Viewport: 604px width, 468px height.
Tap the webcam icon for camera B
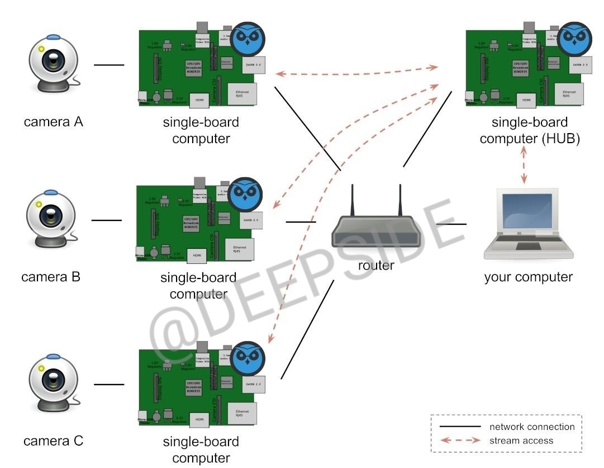pyautogui.click(x=51, y=219)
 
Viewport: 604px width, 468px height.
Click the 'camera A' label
pyautogui.click(x=54, y=121)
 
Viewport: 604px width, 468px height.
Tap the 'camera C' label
pyautogui.click(x=54, y=441)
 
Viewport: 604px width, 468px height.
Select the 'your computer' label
pyautogui.click(x=528, y=277)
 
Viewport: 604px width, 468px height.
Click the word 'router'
pyautogui.click(x=376, y=265)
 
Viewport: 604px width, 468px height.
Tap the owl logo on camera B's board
pyautogui.click(x=246, y=193)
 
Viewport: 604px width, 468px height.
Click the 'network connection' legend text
pyautogui.click(x=532, y=427)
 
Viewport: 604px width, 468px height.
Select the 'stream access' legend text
pyautogui.click(x=521, y=440)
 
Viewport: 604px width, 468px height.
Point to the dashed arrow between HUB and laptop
pyautogui.click(x=524, y=166)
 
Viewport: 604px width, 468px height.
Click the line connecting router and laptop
pyautogui.click(x=451, y=224)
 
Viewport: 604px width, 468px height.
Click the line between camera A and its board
pyautogui.click(x=109, y=65)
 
